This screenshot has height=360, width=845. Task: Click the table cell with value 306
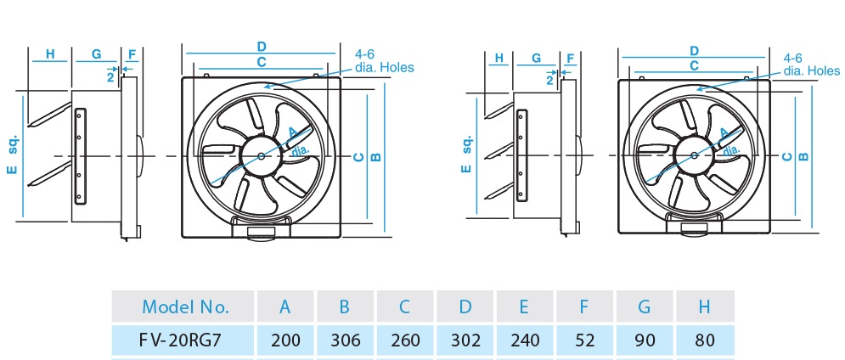tap(346, 340)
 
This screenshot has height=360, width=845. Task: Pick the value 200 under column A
tap(286, 340)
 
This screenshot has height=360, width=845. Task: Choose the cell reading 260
tap(406, 340)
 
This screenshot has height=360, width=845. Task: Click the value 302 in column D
tap(465, 340)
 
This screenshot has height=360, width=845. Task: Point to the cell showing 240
tap(527, 340)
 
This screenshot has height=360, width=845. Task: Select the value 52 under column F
tap(586, 340)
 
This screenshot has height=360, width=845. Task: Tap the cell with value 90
tap(645, 340)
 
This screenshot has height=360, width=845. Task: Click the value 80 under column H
tap(705, 340)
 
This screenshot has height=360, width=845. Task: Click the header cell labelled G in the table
tap(645, 307)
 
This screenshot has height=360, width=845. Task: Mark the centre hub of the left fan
tap(262, 155)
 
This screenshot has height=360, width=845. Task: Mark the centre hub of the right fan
tap(696, 155)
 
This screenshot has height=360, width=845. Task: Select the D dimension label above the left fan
tap(262, 46)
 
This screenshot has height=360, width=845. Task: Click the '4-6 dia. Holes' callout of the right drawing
tap(811, 65)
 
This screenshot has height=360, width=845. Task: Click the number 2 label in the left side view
tap(110, 76)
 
